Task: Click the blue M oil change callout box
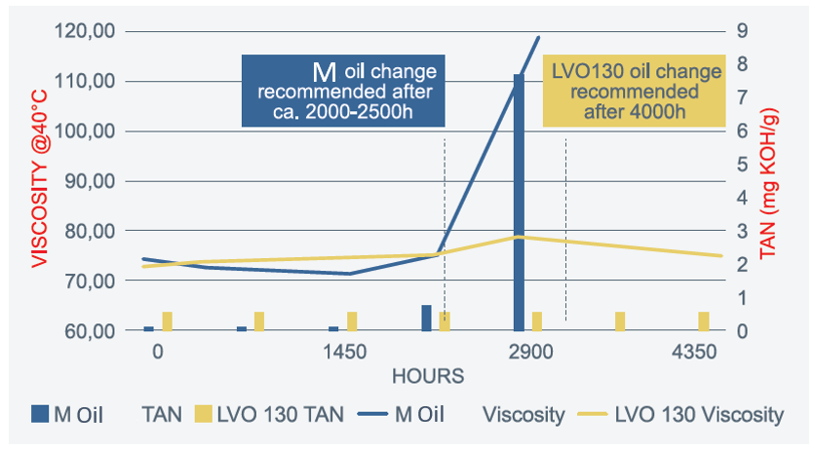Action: [344, 91]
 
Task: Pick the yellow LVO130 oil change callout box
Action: [635, 91]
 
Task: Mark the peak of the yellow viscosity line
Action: [521, 237]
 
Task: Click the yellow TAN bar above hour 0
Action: [168, 321]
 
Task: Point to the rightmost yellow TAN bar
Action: [704, 321]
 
